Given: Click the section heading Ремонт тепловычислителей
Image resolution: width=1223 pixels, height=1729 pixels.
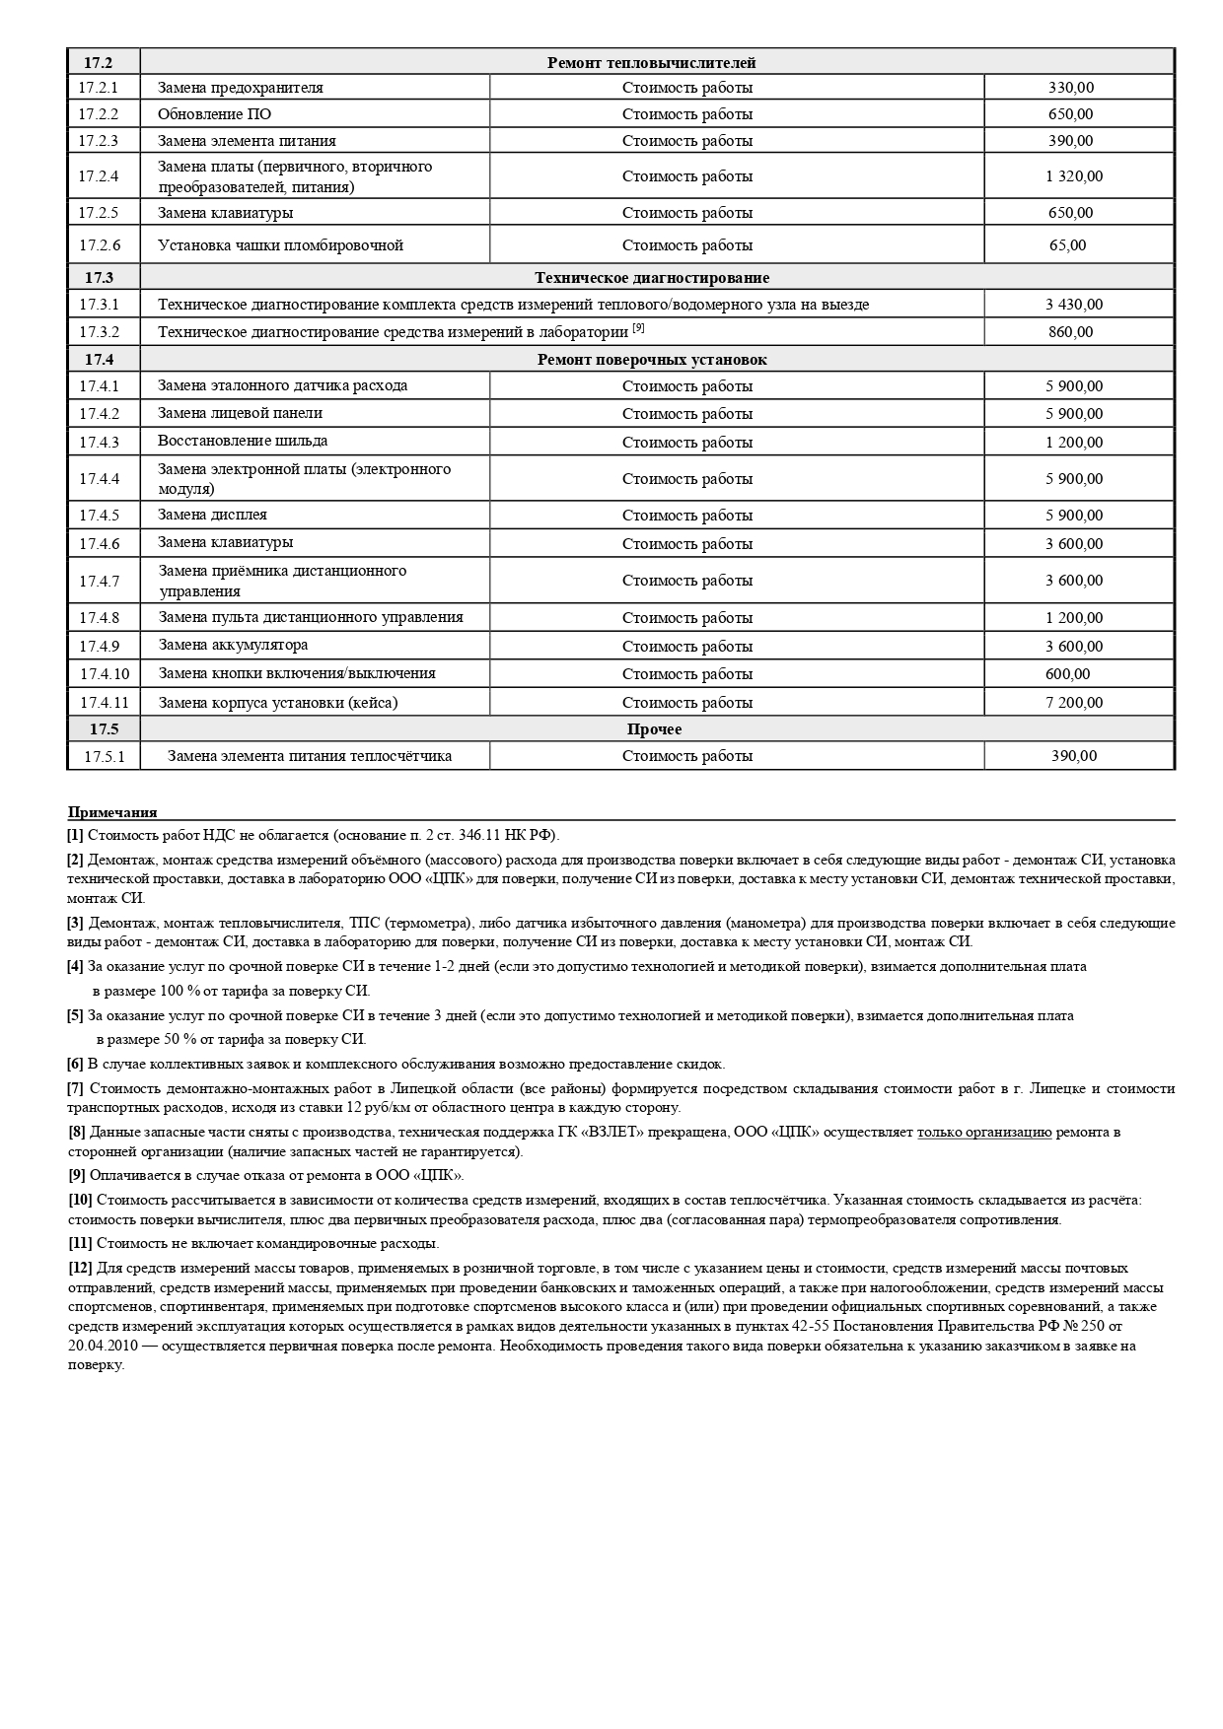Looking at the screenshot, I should [651, 63].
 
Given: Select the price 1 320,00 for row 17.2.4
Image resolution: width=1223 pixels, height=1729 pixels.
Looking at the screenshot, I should [1074, 176].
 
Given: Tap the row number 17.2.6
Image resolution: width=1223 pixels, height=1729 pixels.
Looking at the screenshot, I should [99, 245].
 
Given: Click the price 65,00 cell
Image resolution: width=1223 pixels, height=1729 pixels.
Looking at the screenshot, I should [1067, 245].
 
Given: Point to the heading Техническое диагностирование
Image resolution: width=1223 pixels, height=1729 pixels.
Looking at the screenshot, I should [651, 278].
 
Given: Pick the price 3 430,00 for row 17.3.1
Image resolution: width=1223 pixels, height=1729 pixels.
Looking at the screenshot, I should [1074, 305].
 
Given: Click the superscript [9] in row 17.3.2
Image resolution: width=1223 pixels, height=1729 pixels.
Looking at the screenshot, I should [638, 328].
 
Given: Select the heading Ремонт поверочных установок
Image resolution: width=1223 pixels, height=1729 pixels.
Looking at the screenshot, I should [651, 360].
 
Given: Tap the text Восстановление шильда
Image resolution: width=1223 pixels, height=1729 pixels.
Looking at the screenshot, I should [243, 441].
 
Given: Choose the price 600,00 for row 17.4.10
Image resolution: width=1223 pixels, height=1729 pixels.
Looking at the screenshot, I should [1067, 674].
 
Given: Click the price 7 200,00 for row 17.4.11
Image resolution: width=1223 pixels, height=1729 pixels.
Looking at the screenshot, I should [1074, 703].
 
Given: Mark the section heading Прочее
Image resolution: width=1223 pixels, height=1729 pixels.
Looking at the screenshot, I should [654, 729].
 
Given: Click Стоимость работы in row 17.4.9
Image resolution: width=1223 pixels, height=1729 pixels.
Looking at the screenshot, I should [686, 647].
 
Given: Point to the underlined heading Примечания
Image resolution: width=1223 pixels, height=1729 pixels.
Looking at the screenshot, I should [112, 813].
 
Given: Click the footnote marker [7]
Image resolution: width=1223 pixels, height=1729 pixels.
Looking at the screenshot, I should [76, 1088].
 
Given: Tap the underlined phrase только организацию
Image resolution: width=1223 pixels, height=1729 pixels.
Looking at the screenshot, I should [983, 1132].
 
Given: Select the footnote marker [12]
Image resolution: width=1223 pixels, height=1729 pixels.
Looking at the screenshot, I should [80, 1268].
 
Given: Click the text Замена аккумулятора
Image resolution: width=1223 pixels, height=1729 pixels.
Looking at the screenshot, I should [233, 646].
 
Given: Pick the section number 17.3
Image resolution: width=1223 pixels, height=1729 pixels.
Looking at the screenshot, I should [99, 278].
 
